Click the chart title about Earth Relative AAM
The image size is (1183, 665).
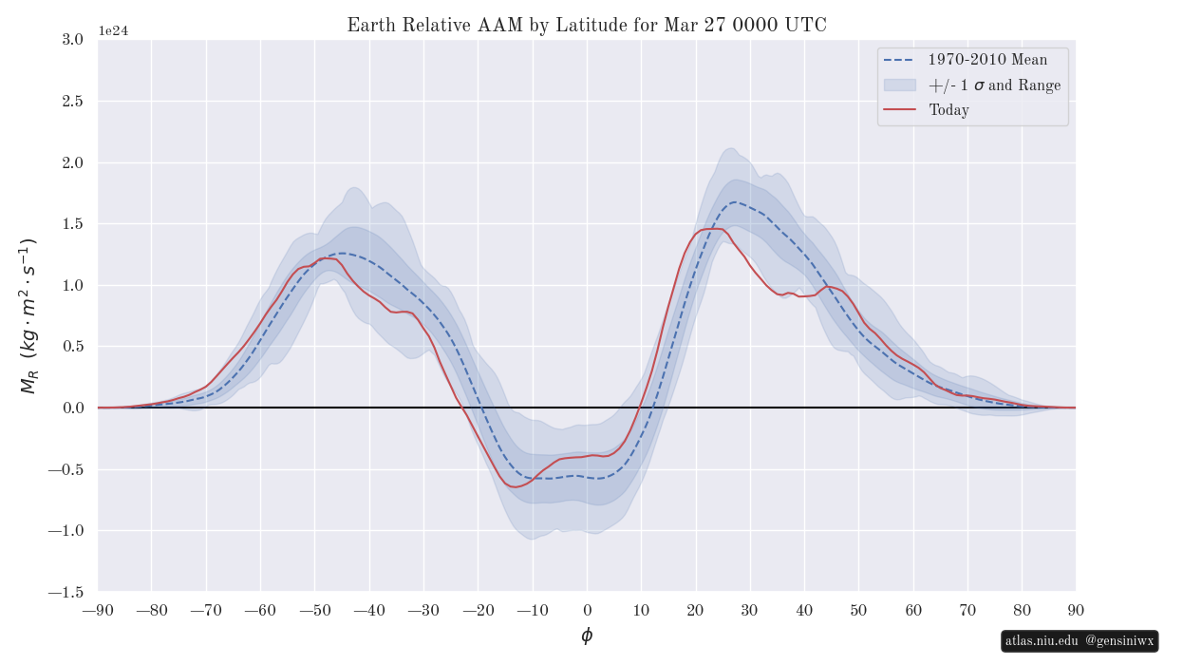click(587, 26)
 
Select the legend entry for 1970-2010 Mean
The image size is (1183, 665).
click(987, 60)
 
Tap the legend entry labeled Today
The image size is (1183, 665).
click(948, 110)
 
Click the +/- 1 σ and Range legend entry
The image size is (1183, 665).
click(994, 85)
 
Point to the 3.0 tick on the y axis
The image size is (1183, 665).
click(72, 39)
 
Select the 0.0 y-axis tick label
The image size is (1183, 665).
click(72, 408)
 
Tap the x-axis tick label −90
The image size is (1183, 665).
click(98, 610)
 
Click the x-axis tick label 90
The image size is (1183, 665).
click(1076, 610)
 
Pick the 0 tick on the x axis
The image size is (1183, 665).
click(587, 610)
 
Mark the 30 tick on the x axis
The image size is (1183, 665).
click(750, 610)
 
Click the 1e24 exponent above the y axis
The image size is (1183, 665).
click(113, 31)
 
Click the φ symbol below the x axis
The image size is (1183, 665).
click(587, 636)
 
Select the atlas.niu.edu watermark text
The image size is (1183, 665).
click(1041, 641)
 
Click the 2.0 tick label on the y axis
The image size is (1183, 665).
click(72, 162)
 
